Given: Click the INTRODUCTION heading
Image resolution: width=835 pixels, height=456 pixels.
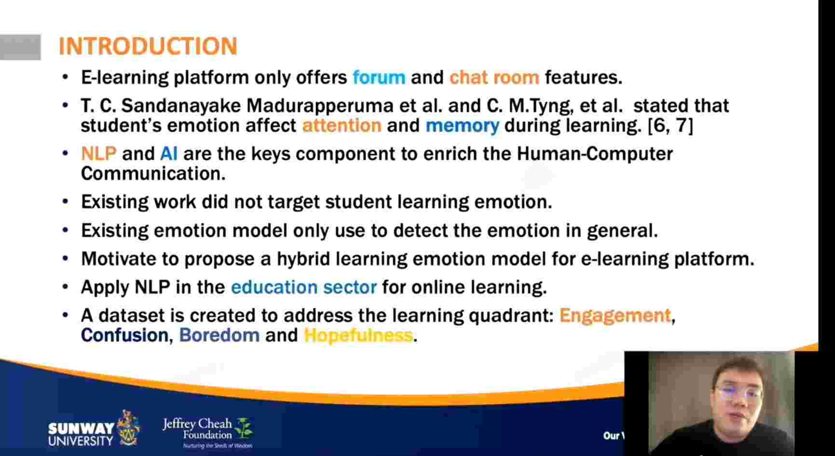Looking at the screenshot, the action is point(148,46).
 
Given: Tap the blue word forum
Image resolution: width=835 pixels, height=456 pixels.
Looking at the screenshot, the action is point(379,77).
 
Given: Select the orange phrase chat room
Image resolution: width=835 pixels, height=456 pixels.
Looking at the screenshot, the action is point(494,77).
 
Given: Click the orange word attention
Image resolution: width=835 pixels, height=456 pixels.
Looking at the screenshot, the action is point(342,125).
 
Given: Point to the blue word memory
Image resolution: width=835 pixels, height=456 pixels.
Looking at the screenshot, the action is point(462,126).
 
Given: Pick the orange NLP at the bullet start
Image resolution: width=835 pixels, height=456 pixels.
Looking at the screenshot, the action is point(99,153).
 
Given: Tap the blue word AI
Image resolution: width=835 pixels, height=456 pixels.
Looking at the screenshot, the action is point(169,153).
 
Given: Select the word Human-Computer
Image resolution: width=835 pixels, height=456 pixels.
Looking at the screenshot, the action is point(595,154).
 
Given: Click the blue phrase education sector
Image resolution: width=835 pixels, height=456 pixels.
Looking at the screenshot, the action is point(304,287).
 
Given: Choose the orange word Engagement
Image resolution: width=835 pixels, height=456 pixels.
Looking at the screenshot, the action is point(615,316).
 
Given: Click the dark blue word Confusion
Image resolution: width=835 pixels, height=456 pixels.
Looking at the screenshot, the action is point(124,335).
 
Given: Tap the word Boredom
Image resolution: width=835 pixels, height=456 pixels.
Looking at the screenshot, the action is point(219,335).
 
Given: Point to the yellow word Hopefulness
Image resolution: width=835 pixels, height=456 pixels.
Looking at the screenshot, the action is point(358,335).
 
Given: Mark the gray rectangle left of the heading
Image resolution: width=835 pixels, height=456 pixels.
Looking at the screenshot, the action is point(20,47).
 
